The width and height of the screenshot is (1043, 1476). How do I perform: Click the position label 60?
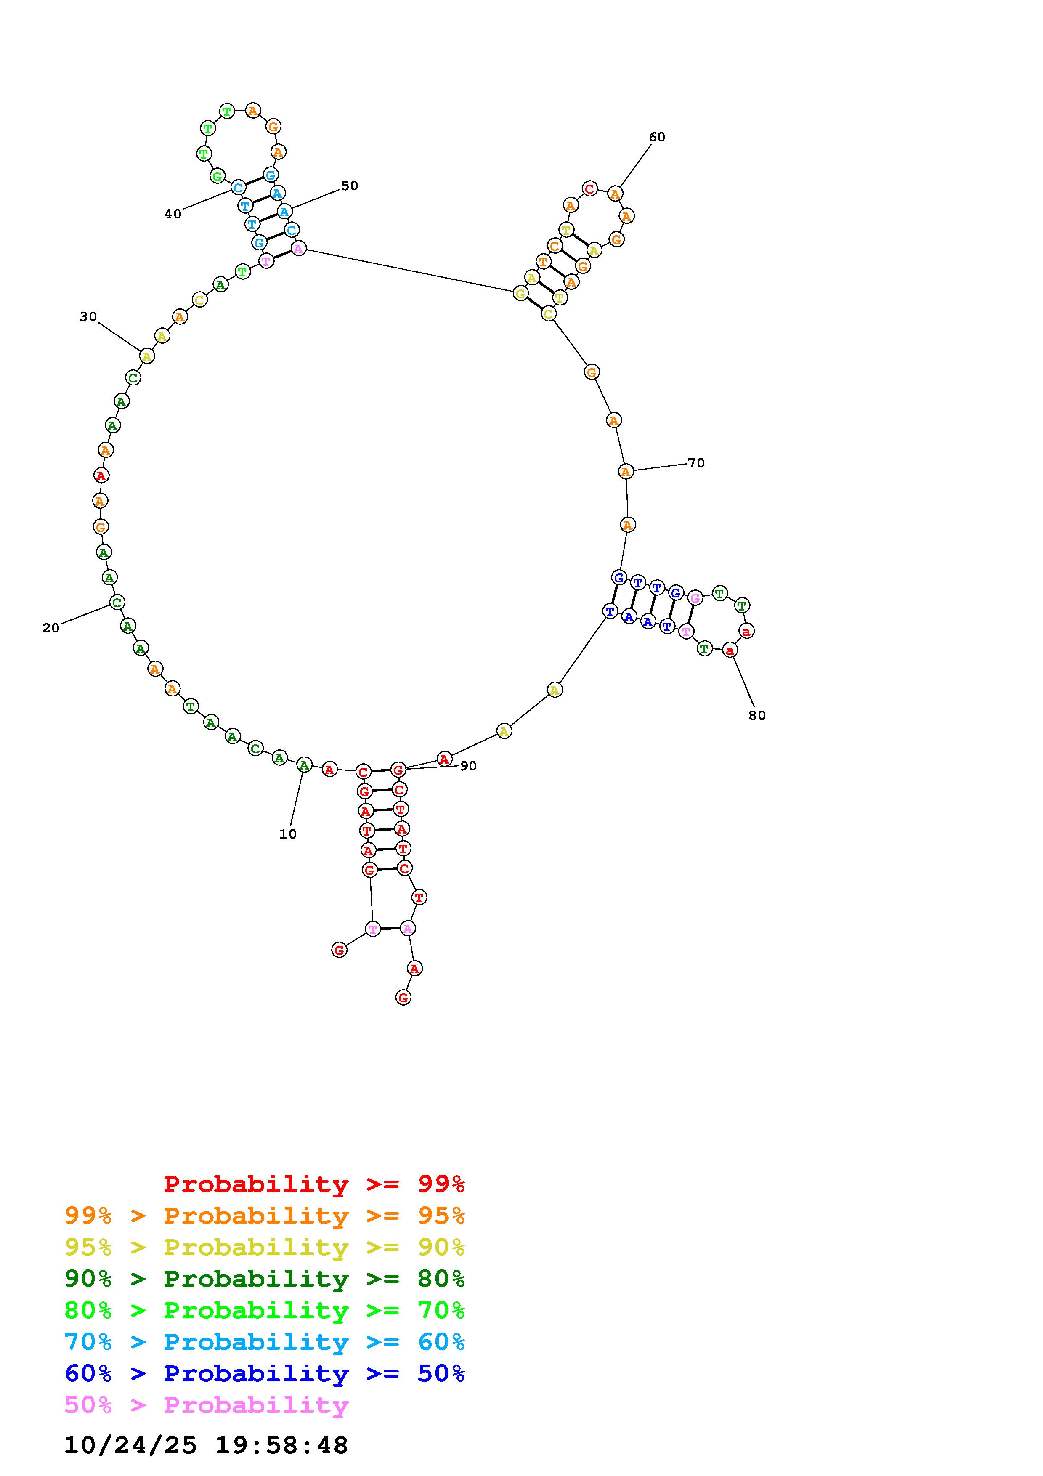[657, 137]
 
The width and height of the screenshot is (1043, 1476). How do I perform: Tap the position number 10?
[288, 834]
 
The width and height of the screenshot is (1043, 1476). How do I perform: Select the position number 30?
[88, 316]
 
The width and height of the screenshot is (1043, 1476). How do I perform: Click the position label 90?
[468, 766]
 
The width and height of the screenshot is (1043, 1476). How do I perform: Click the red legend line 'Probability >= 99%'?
[314, 1184]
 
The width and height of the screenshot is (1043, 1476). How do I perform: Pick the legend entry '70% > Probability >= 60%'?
[265, 1342]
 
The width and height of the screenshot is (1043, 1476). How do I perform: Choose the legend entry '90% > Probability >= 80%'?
[265, 1279]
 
